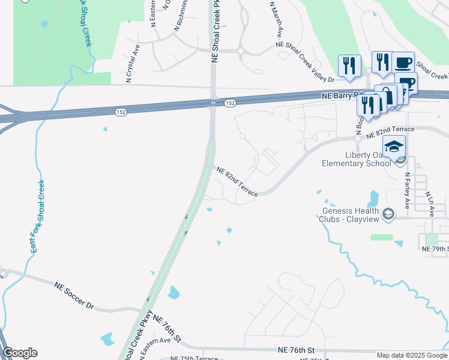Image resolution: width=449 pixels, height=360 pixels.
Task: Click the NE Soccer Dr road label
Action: (x=74, y=296)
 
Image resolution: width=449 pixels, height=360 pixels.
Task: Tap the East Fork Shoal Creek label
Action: (x=37, y=216)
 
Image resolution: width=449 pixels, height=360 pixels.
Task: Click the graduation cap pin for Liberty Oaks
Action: (x=394, y=147)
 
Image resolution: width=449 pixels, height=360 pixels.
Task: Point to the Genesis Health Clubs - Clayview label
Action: (x=351, y=215)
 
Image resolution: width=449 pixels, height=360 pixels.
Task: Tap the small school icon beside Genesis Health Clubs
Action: (x=388, y=214)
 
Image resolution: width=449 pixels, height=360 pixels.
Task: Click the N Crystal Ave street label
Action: (x=133, y=63)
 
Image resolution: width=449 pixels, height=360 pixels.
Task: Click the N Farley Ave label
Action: (x=408, y=191)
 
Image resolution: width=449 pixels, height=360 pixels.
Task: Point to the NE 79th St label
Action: (x=435, y=248)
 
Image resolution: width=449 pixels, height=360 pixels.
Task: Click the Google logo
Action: (x=20, y=353)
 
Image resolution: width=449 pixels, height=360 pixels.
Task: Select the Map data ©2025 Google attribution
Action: (x=412, y=355)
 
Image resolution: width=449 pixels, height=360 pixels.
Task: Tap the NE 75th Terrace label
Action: (x=194, y=358)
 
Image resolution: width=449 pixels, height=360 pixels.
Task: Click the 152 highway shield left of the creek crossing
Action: (x=121, y=112)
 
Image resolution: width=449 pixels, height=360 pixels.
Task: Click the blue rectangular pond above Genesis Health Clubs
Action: (x=375, y=197)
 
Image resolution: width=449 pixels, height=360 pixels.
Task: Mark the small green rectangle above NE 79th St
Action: (x=381, y=237)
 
